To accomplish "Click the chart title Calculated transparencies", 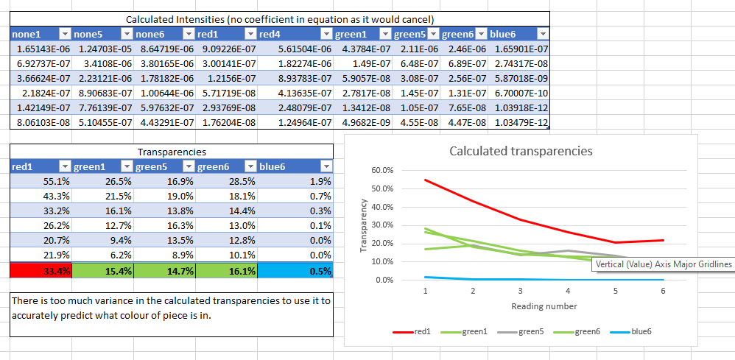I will click(x=521, y=152).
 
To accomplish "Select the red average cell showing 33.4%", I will click(x=41, y=271).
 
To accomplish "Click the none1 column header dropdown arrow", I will click(x=63, y=35).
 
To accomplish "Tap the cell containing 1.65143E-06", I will click(x=41, y=49).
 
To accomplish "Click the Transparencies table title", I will click(x=172, y=152).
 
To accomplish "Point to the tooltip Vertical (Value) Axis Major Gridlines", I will click(x=663, y=264).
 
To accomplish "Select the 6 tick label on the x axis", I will click(x=662, y=291).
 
